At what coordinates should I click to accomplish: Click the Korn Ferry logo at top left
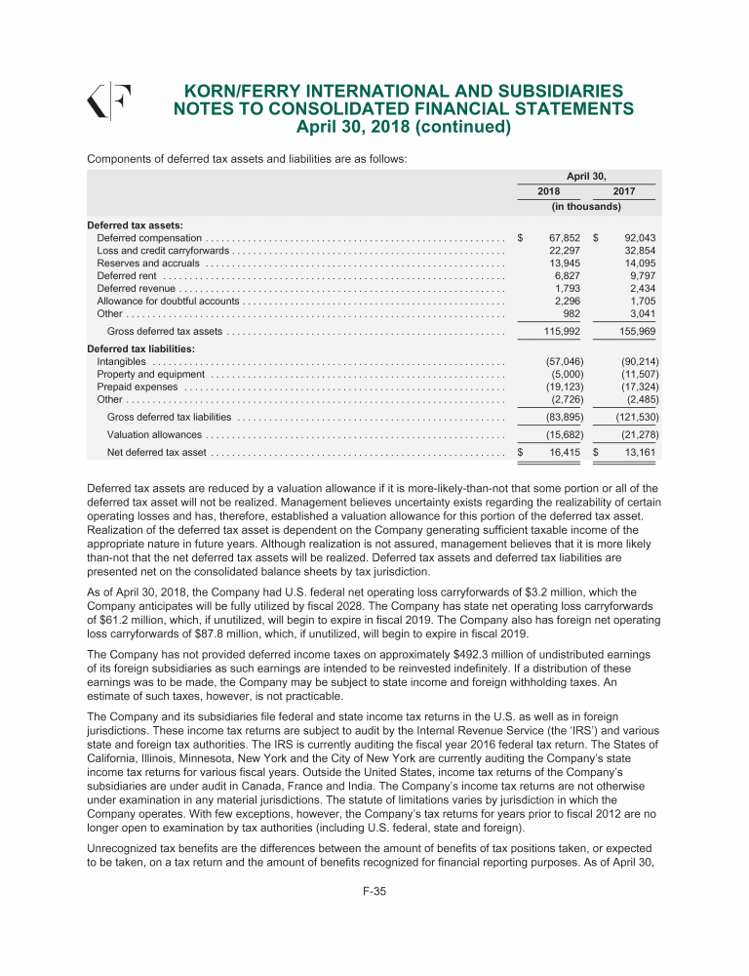tap(109, 101)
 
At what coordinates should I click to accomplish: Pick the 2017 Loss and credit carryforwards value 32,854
tap(636, 251)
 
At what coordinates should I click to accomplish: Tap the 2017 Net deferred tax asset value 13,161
tap(636, 452)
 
